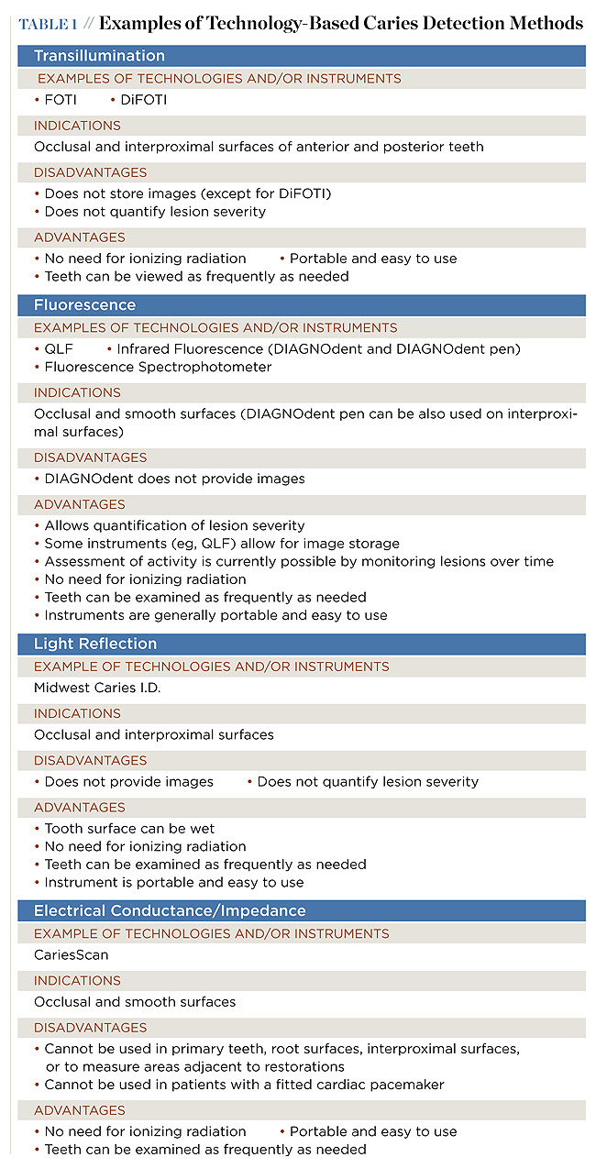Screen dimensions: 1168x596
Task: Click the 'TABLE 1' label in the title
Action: (x=48, y=24)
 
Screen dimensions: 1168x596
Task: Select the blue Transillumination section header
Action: (x=99, y=56)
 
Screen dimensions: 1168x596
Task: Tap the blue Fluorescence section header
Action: (x=84, y=304)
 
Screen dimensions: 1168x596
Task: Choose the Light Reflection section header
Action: (x=95, y=644)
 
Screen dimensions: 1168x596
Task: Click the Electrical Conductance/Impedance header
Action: (x=170, y=910)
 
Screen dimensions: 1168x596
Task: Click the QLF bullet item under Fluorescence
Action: (x=59, y=349)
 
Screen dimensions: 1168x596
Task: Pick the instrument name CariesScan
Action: (x=71, y=955)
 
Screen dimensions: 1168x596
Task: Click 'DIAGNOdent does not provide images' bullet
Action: (x=174, y=479)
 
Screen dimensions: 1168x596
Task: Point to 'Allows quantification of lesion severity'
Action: (x=174, y=525)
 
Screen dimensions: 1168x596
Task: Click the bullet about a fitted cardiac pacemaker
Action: (x=244, y=1085)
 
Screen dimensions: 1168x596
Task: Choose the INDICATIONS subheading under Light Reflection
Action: (x=77, y=713)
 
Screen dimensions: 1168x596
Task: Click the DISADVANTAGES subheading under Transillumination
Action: (x=90, y=172)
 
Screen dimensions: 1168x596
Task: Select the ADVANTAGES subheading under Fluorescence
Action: (x=79, y=504)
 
